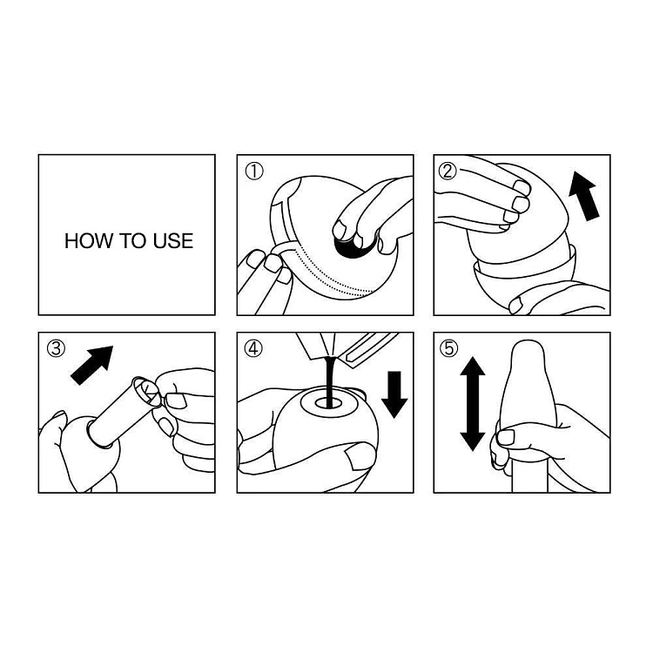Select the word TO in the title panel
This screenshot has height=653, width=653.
(x=127, y=241)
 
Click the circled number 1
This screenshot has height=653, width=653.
(x=253, y=172)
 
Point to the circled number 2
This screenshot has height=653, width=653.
(x=449, y=172)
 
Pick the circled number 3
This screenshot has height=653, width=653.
(x=55, y=349)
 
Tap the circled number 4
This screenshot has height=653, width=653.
(x=253, y=349)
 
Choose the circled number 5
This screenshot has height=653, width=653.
(x=449, y=349)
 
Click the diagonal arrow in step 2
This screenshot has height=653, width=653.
(x=583, y=196)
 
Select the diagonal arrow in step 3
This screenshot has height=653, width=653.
(x=92, y=364)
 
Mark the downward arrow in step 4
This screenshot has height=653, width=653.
(x=394, y=394)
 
